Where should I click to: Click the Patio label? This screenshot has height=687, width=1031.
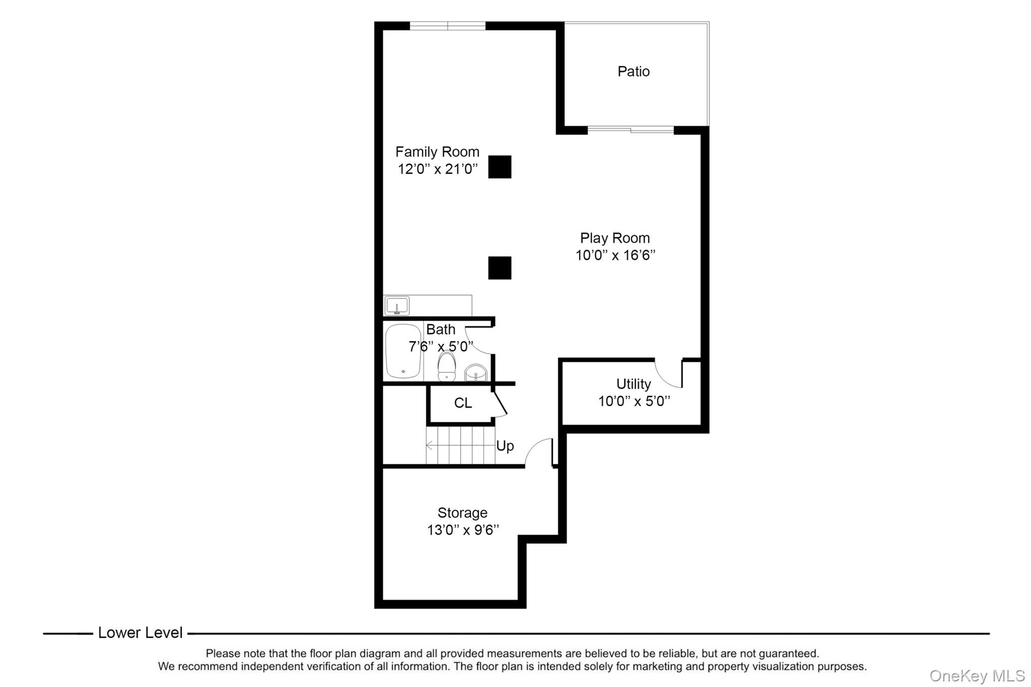tap(633, 71)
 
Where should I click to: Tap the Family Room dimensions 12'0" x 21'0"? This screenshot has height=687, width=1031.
tap(437, 169)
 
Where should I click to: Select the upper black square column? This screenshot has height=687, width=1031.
tap(499, 167)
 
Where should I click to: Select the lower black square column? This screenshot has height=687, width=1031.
tap(499, 268)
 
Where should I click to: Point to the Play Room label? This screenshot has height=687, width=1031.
tap(615, 238)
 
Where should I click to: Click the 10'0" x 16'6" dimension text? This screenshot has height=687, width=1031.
tap(615, 255)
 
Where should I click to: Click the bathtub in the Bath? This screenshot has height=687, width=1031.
tap(403, 351)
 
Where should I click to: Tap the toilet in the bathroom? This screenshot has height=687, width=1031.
tap(447, 366)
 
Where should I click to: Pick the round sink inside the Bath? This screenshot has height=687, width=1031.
tap(475, 373)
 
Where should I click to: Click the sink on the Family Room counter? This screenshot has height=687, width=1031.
tap(397, 306)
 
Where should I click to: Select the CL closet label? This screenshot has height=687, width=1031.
tap(463, 403)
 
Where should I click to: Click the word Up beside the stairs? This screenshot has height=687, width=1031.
tap(505, 446)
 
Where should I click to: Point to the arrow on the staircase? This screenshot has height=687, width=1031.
tap(430, 445)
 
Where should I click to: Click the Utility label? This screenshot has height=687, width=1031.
tap(633, 384)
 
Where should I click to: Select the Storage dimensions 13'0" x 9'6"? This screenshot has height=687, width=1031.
tap(463, 530)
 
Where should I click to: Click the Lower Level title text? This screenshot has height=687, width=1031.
tap(140, 633)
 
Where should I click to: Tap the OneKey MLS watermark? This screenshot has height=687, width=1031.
tap(977, 675)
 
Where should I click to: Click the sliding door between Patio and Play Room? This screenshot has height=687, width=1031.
tap(630, 130)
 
